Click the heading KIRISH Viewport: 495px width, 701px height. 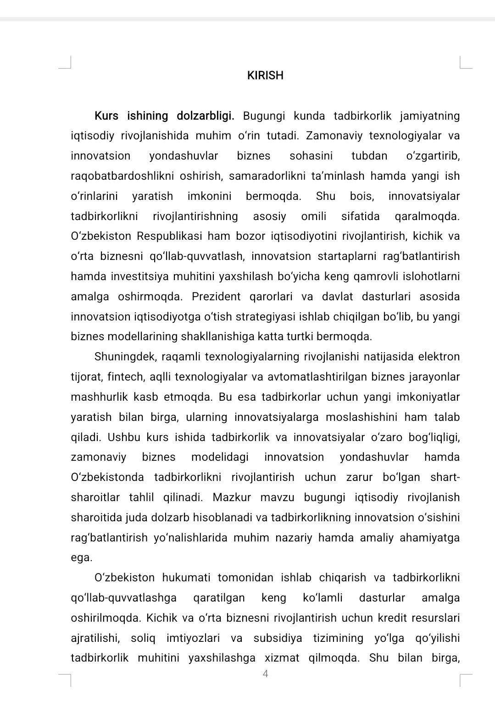(265, 76)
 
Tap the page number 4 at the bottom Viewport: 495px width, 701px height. (265, 673)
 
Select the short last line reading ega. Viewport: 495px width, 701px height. (82, 558)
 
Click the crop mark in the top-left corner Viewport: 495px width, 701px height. (67, 63)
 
